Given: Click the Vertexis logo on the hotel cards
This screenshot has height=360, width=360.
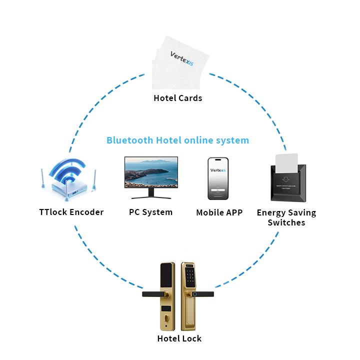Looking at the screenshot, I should click(181, 58).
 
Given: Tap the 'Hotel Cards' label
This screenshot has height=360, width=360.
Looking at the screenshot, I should click(178, 98).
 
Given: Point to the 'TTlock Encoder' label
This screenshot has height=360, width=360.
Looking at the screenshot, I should click(71, 212).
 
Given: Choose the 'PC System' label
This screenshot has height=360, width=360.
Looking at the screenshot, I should click(151, 212).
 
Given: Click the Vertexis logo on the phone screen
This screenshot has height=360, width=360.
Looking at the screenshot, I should click(218, 170).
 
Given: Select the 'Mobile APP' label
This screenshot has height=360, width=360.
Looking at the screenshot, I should click(219, 212).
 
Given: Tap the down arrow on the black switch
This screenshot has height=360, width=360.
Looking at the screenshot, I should click(286, 178).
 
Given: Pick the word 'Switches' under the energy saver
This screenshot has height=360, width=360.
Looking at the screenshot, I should click(286, 223).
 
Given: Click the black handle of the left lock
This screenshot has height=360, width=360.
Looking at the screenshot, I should click(152, 294).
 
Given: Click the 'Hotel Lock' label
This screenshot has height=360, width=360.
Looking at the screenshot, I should click(179, 338).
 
